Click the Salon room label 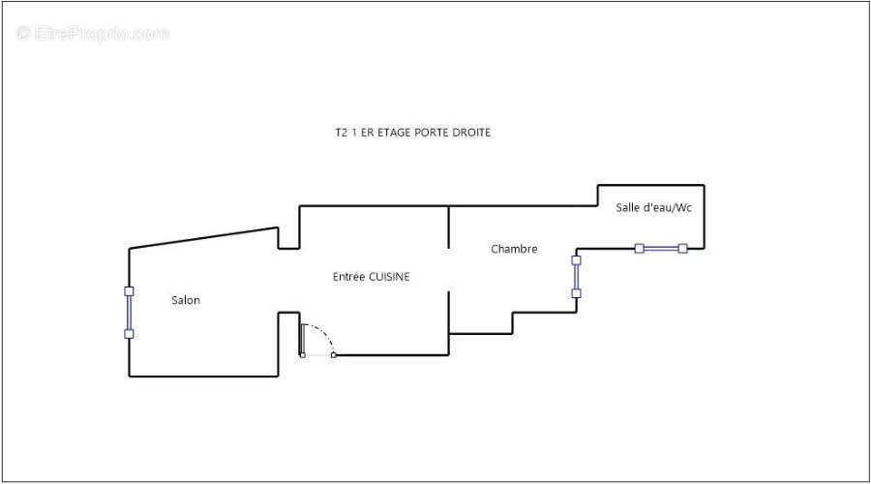click(186, 300)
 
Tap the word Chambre click(514, 249)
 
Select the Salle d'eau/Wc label click(654, 207)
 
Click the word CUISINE click(389, 277)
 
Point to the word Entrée click(349, 277)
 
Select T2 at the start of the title click(341, 133)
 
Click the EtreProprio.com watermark click(92, 33)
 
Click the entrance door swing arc click(324, 333)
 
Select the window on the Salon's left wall click(129, 313)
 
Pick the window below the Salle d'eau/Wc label click(661, 249)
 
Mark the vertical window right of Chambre click(576, 277)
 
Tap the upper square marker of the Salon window click(129, 291)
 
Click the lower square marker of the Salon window click(129, 334)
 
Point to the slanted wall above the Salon click(203, 238)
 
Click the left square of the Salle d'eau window click(640, 249)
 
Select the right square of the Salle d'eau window click(682, 249)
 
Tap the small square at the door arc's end click(333, 355)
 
